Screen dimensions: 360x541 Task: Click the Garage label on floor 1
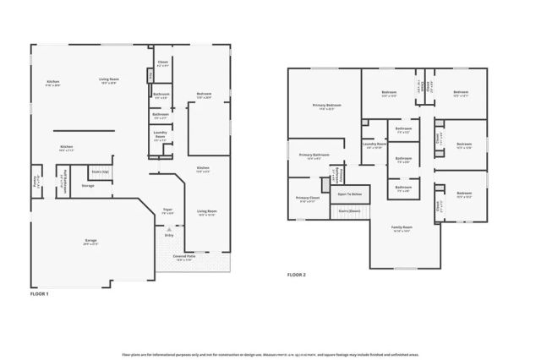[90, 242]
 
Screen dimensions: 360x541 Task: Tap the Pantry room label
[36, 181]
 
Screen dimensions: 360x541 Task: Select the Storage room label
[88, 185]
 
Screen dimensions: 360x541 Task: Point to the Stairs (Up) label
[101, 171]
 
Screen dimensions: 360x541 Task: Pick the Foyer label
[168, 211]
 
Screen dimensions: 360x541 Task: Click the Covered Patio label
[184, 257]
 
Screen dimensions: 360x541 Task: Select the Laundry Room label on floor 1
[161, 134]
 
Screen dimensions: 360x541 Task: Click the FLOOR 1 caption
[40, 293]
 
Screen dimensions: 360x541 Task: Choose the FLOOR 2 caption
[296, 275]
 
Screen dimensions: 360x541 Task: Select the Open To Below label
[350, 194]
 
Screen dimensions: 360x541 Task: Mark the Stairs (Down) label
[350, 210]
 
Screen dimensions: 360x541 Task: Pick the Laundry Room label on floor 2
[374, 145]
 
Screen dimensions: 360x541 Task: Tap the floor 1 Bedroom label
[205, 95]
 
